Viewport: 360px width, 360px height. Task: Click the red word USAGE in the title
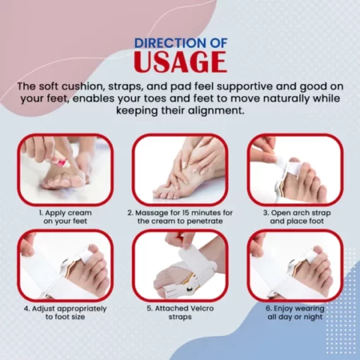[x=180, y=61]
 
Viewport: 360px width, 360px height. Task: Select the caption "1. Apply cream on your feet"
[x=65, y=217]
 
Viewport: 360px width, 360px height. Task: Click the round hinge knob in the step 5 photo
[x=188, y=288]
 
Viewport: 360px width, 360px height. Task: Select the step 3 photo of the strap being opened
[x=295, y=169]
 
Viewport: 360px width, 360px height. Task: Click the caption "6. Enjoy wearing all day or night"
[x=296, y=313]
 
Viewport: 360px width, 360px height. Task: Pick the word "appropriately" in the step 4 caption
[x=82, y=309]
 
